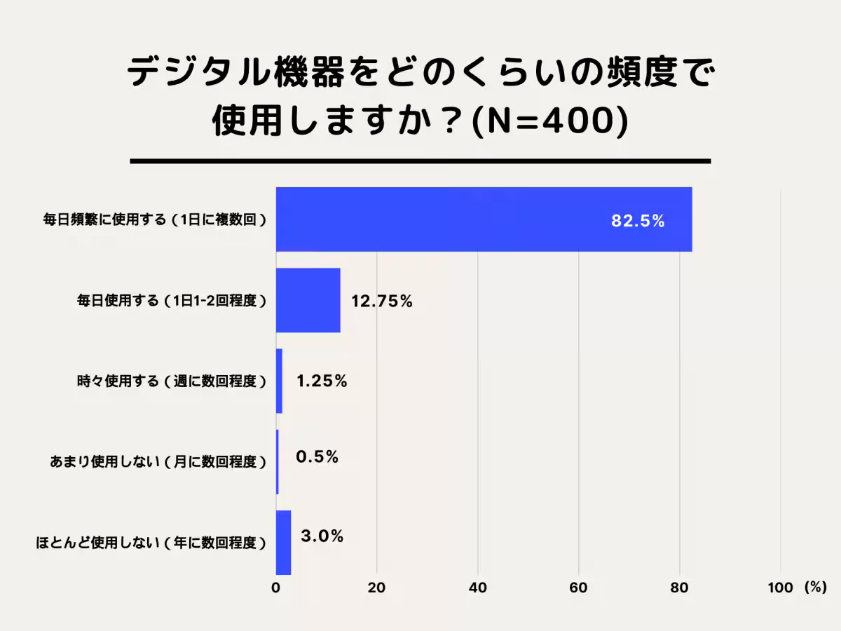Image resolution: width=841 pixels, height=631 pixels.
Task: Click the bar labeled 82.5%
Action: pyautogui.click(x=484, y=219)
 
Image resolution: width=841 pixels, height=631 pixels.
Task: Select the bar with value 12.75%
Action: pyautogui.click(x=308, y=300)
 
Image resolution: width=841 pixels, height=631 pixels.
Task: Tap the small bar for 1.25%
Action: pyautogui.click(x=279, y=381)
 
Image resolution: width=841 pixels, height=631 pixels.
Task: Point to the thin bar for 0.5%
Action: pyautogui.click(x=278, y=461)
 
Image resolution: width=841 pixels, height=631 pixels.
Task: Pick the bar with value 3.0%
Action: pyautogui.click(x=283, y=542)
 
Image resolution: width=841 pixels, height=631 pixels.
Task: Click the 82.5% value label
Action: pyautogui.click(x=637, y=221)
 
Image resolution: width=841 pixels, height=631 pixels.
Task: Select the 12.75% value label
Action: pyautogui.click(x=381, y=301)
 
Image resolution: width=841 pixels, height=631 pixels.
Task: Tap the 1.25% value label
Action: pyautogui.click(x=322, y=381)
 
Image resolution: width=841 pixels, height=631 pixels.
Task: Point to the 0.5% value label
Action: pyautogui.click(x=317, y=457)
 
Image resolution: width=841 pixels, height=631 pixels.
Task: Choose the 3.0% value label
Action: pyautogui.click(x=322, y=537)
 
